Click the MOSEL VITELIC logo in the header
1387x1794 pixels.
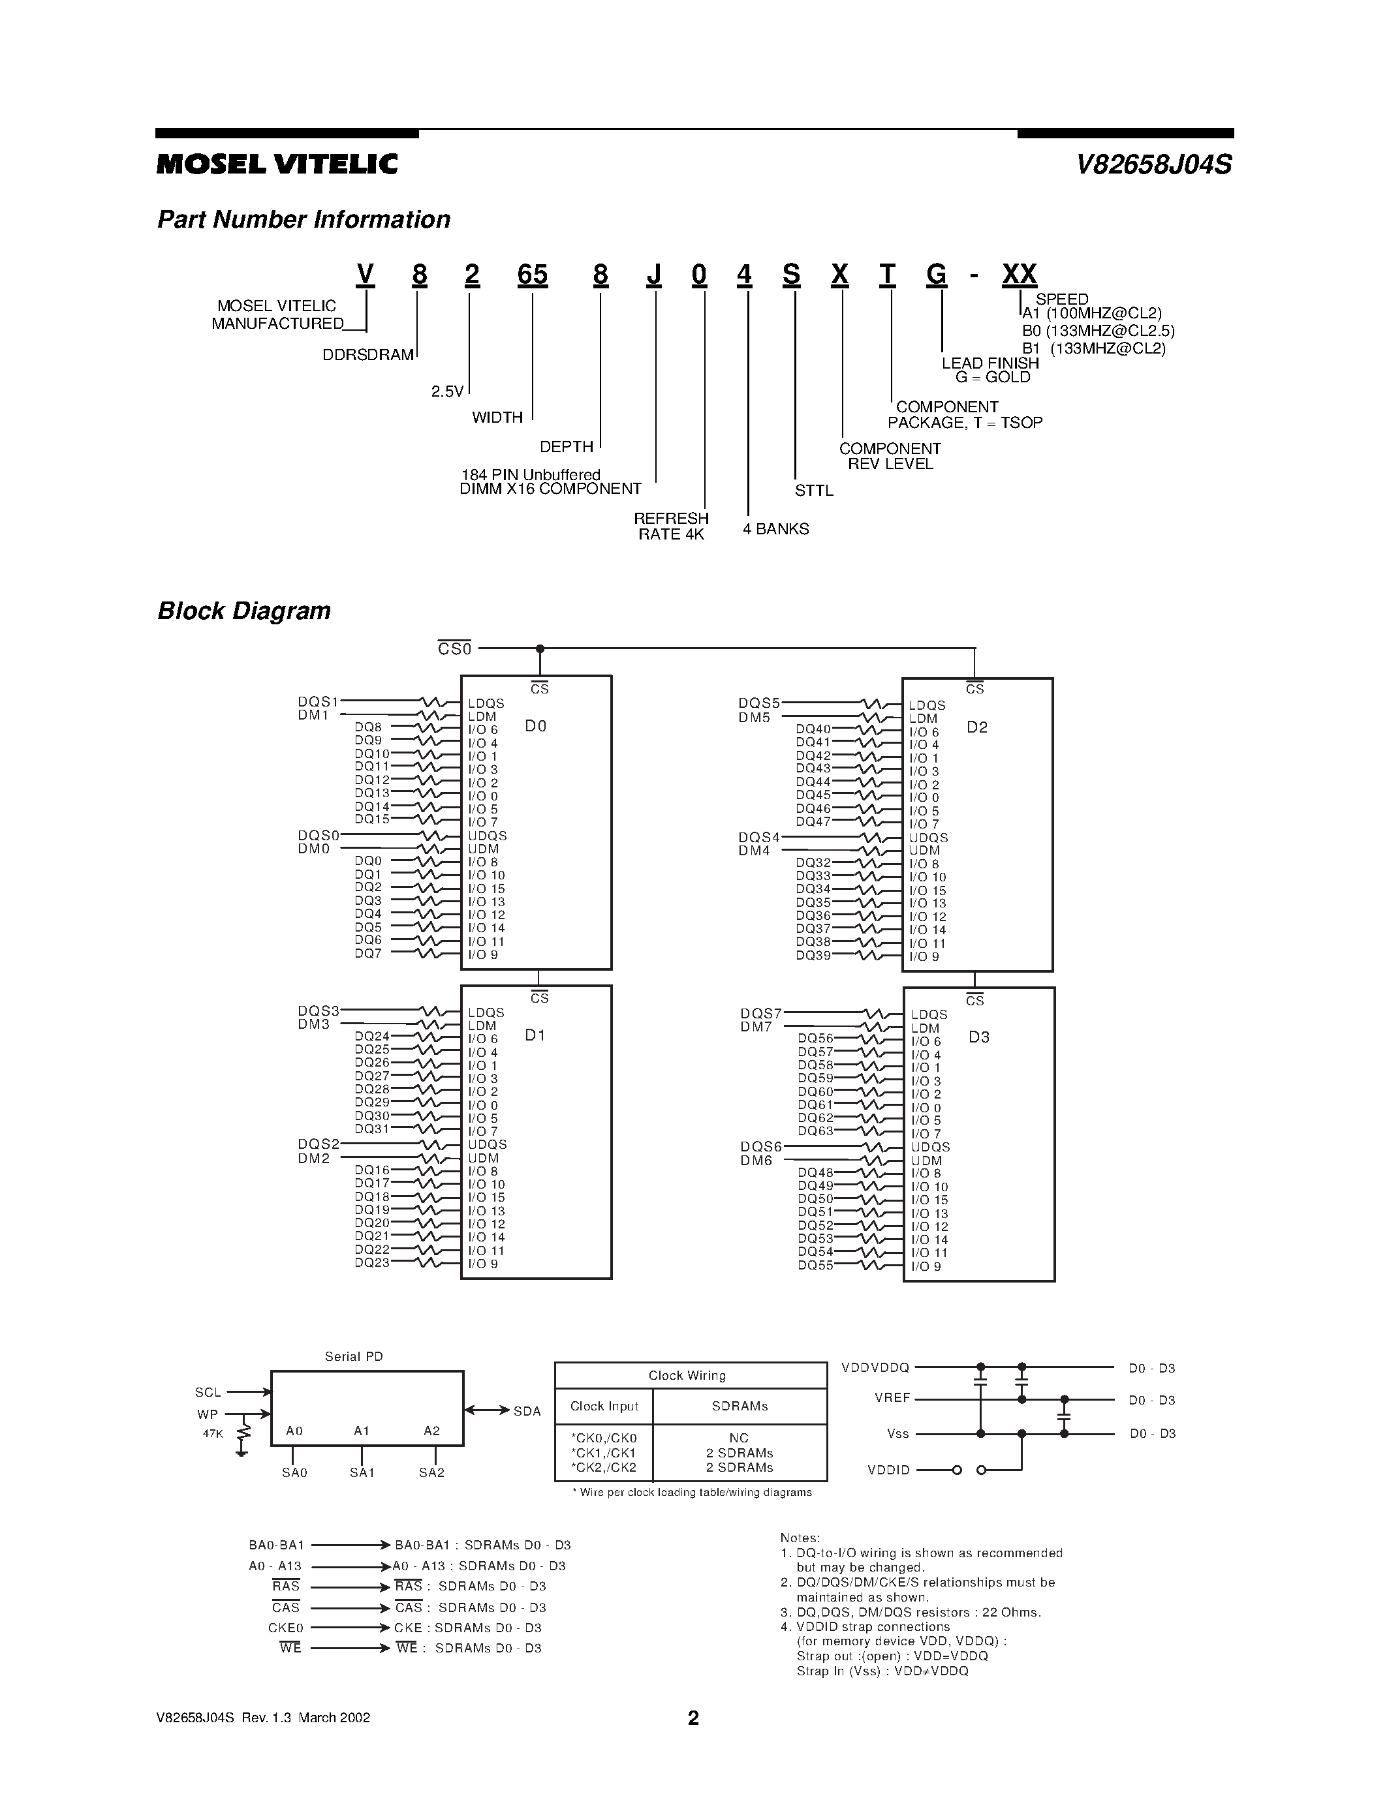tap(277, 164)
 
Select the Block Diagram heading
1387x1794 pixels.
tap(243, 611)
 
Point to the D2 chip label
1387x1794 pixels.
tap(977, 727)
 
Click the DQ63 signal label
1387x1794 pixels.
tap(815, 1131)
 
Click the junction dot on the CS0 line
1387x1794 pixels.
tap(540, 649)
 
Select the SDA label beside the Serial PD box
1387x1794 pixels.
tap(527, 1411)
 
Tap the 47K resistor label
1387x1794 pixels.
tap(213, 1433)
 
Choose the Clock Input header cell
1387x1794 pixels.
tap(604, 1406)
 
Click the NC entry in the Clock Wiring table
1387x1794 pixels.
tap(739, 1438)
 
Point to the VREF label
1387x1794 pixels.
tap(892, 1398)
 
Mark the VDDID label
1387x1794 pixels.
tap(888, 1470)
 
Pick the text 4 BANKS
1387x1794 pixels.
tap(775, 529)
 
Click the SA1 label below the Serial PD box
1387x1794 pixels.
tap(362, 1473)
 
